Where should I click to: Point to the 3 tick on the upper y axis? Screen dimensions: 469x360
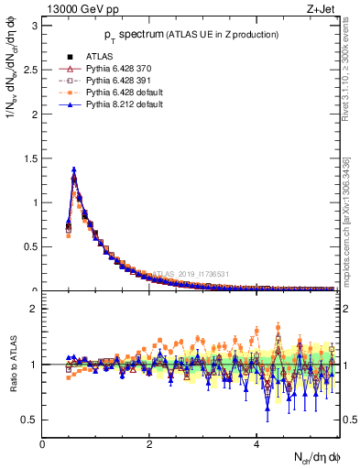point(36,25)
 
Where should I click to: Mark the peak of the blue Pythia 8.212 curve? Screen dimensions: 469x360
point(73,169)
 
